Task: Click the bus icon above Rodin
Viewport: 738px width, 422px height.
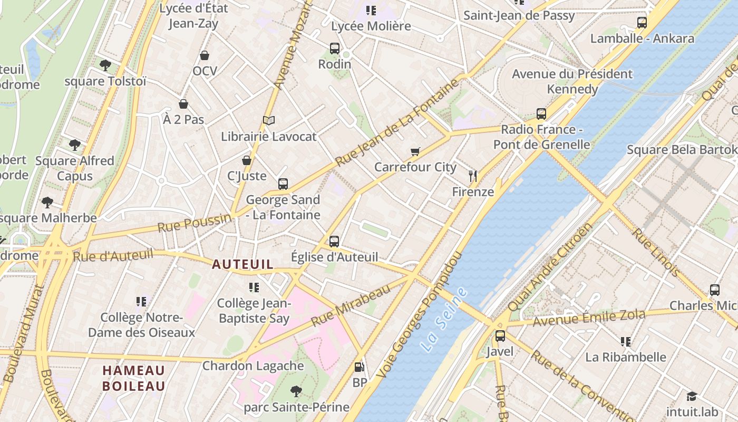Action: [335, 49]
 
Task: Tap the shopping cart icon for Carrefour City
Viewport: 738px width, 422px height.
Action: [415, 152]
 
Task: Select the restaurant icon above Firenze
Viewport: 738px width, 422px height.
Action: [473, 176]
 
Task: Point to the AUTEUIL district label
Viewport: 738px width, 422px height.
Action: [242, 264]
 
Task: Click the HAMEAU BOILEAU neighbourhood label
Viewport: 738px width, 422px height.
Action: [133, 378]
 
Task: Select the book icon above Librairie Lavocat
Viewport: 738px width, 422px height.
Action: [269, 121]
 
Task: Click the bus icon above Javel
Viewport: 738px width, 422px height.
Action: [500, 336]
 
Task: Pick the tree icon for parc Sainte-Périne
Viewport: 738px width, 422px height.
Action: [296, 391]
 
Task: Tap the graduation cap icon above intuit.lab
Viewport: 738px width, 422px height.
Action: [692, 396]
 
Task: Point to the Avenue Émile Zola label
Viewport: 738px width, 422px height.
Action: [589, 318]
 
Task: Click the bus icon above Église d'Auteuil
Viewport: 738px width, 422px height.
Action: [334, 242]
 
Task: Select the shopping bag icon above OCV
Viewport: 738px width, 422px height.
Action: [205, 55]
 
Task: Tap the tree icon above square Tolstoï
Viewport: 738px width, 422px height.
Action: [105, 65]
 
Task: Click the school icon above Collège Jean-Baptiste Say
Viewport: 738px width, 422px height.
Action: [254, 287]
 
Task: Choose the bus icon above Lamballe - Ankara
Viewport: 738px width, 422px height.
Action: [642, 23]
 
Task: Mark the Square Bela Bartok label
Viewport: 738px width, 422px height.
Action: [682, 150]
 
